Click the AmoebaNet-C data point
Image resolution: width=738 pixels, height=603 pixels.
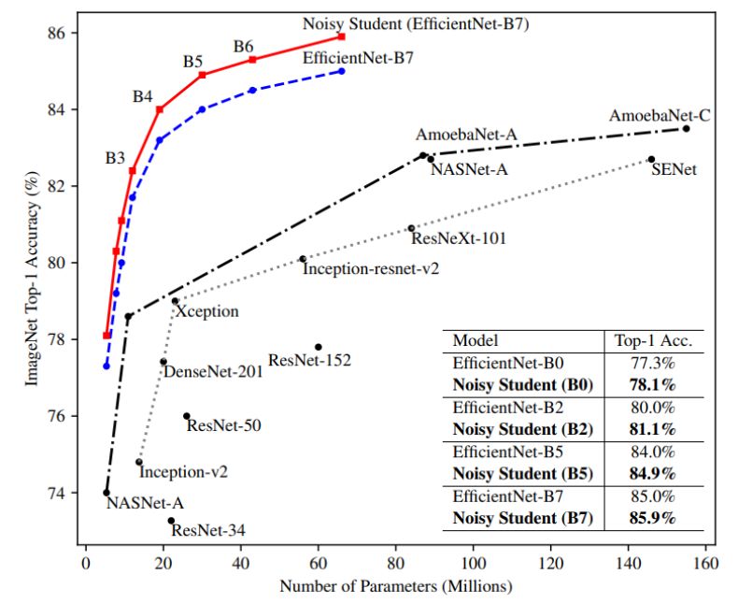[x=686, y=128]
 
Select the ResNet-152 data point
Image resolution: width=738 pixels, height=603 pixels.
[x=318, y=347]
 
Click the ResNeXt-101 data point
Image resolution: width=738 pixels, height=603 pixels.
[x=411, y=227]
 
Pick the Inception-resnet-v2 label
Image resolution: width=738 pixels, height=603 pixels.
[x=370, y=267]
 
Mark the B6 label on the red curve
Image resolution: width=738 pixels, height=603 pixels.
[x=244, y=46]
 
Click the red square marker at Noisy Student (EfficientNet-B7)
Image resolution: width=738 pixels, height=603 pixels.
[x=342, y=36]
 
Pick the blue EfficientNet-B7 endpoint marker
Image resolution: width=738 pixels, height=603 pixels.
[x=342, y=71]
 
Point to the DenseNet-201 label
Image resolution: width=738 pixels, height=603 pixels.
[x=213, y=371]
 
